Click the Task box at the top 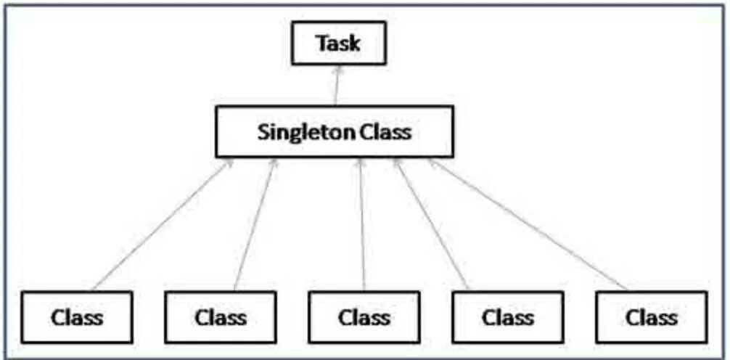coord(338,44)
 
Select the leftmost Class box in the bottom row coord(77,316)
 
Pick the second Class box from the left coord(221,316)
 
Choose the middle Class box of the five coord(364,316)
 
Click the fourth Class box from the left coord(507,316)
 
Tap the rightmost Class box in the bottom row coord(651,316)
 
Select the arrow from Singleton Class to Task coord(336,87)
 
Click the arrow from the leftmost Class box coord(163,225)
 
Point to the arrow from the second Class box coord(255,225)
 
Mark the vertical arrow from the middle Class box coord(362,225)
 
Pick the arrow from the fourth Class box coord(431,225)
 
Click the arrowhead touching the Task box coord(337,70)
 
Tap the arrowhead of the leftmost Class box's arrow coord(230,163)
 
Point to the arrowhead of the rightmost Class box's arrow coord(432,163)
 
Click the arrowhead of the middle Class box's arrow coord(361,163)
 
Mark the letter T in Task coord(321,44)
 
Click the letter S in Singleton coord(263,132)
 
